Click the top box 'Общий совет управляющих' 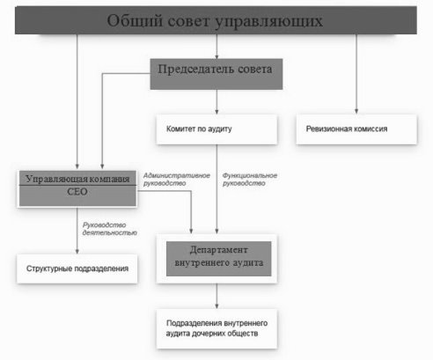click(216, 20)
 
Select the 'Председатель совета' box click(216, 74)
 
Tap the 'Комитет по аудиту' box click(216, 129)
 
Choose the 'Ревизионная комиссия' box click(356, 129)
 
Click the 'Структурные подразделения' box click(77, 268)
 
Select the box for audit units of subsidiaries click(216, 328)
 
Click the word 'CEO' click(77, 192)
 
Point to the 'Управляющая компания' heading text click(77, 179)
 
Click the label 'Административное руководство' click(177, 180)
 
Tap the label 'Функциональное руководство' click(250, 180)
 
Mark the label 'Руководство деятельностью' click(110, 229)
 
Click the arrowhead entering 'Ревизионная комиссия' click(356, 112)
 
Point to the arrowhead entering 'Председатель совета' click(216, 56)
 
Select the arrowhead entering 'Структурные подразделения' click(77, 252)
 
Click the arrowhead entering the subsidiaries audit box click(216, 306)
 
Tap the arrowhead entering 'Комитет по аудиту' click(216, 112)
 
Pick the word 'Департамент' click(219, 250)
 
